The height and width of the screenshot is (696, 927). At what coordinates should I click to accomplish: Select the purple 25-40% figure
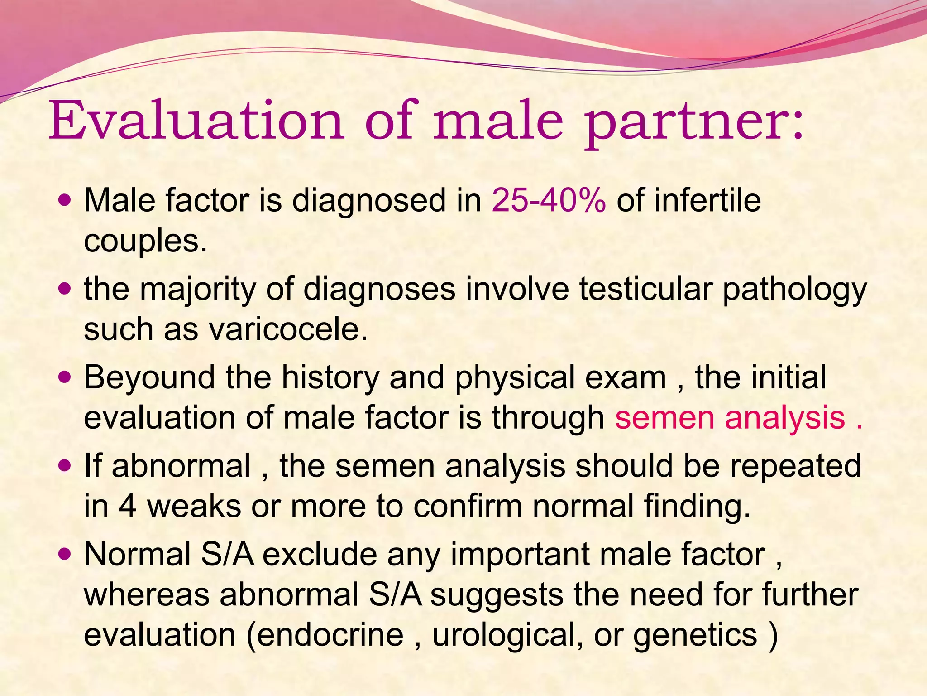[549, 200]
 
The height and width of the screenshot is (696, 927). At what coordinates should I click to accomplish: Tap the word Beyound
[149, 377]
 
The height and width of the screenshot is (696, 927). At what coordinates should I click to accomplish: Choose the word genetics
[695, 636]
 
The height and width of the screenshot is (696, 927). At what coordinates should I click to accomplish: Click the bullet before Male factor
[66, 200]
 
